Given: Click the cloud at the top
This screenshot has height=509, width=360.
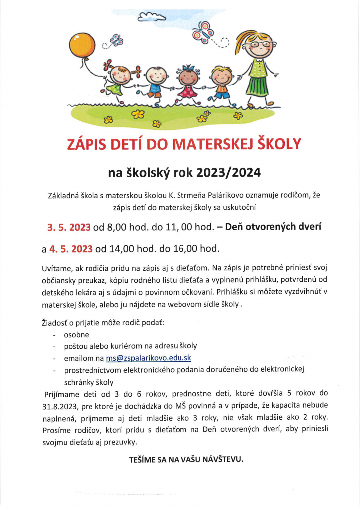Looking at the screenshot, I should click(151, 18).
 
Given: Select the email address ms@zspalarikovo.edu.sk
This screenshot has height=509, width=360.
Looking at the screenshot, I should click(149, 358).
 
